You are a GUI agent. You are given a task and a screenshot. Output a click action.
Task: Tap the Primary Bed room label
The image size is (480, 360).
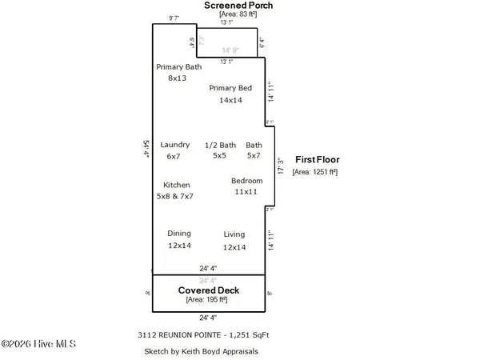click(230, 88)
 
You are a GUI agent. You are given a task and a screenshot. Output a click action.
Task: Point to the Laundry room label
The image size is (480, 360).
click(175, 145)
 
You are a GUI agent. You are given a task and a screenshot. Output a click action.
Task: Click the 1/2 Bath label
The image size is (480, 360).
click(220, 145)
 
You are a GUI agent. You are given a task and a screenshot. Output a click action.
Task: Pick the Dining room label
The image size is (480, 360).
click(179, 234)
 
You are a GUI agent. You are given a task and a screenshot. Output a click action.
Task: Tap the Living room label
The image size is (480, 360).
click(234, 234)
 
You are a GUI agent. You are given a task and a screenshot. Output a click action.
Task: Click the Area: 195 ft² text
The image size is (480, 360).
click(207, 299)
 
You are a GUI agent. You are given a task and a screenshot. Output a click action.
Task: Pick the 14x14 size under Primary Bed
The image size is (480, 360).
click(230, 101)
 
